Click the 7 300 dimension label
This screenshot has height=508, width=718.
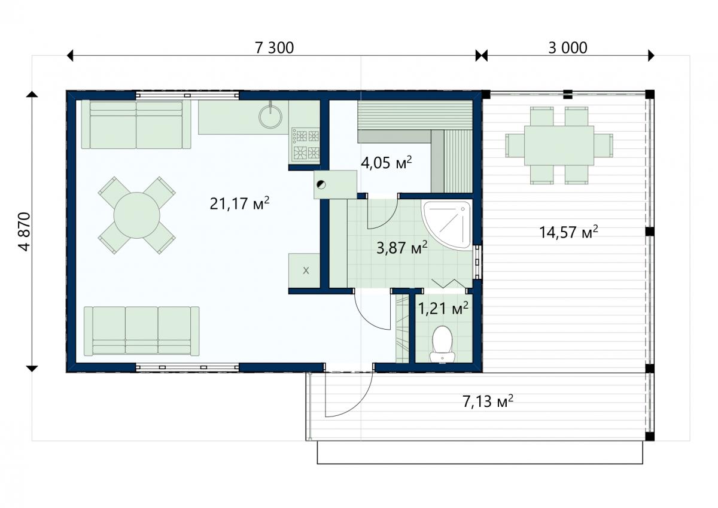[x=274, y=48]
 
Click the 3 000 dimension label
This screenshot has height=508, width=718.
[x=568, y=48]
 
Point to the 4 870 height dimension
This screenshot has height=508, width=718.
[x=25, y=232]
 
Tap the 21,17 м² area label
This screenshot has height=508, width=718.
[x=239, y=203]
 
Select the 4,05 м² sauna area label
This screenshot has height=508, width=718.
[x=387, y=163]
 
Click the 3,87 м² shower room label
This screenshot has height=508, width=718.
[x=402, y=248]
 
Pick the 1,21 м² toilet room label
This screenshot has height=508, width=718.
[x=443, y=308]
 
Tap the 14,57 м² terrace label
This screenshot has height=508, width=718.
[x=568, y=232]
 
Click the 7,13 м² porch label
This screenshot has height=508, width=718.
[x=488, y=401]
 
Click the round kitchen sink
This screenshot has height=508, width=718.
[x=270, y=116]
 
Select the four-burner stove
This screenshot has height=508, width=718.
[x=306, y=144]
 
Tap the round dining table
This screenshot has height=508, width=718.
[x=137, y=215]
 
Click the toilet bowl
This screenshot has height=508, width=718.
[x=442, y=344]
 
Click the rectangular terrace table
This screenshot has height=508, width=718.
[x=559, y=145]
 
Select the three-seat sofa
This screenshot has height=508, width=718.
[x=141, y=331]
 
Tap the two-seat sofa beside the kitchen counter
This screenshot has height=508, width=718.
[x=136, y=124]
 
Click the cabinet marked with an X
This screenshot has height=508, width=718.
[x=305, y=270]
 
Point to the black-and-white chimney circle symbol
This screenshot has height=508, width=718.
[x=321, y=185]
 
